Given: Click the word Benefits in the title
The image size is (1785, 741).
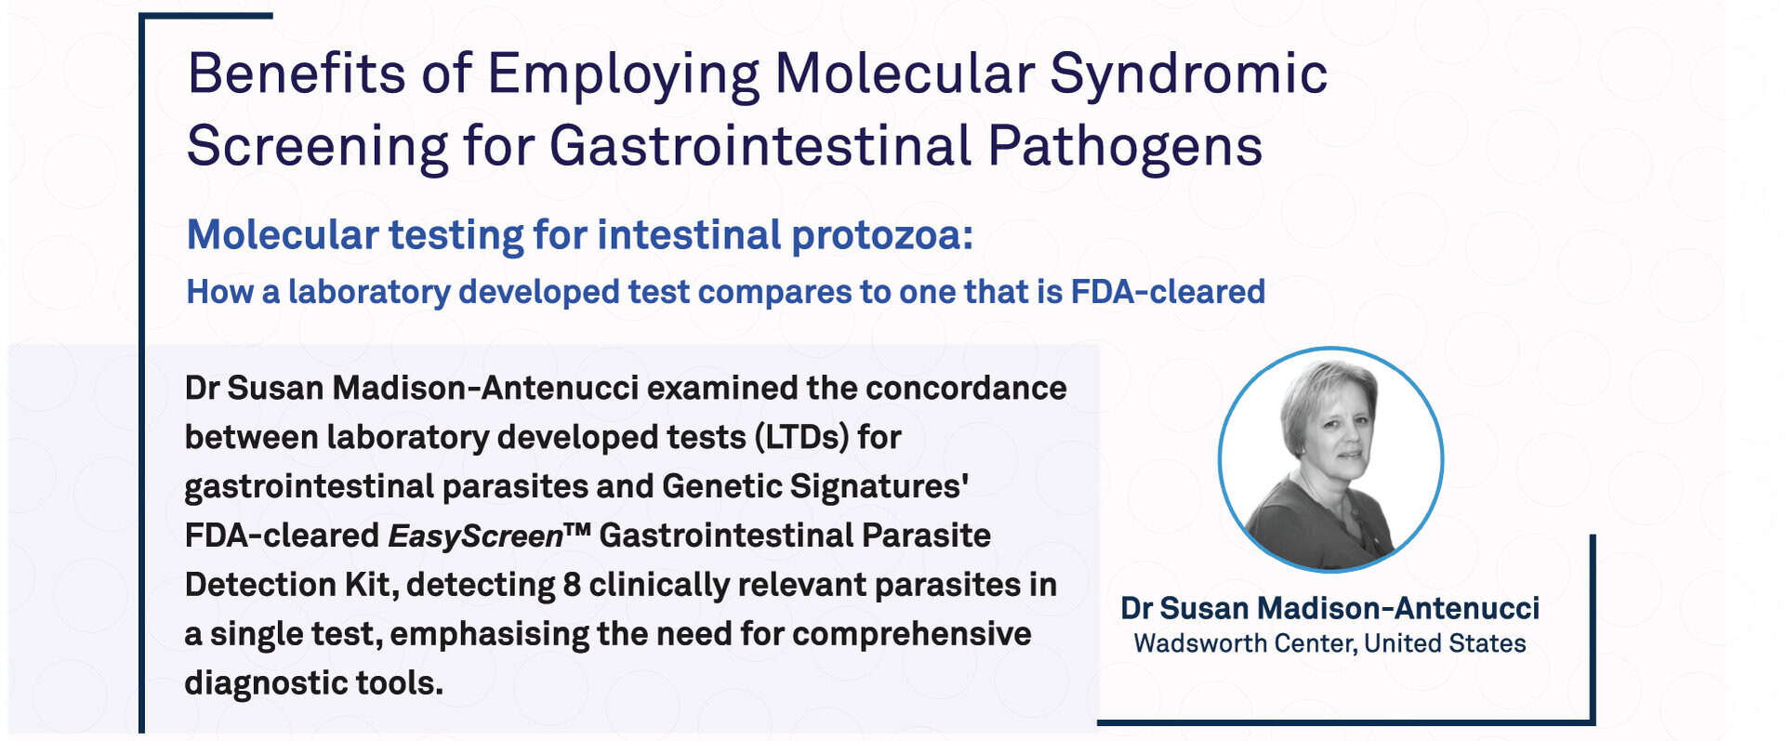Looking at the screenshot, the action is [297, 73].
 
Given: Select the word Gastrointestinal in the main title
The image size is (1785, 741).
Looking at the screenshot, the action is [760, 146].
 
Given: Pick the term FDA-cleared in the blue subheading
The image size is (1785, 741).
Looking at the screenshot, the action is [1168, 292].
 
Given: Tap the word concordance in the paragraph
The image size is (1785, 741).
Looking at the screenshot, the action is [966, 388].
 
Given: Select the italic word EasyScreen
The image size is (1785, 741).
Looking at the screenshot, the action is [475, 536].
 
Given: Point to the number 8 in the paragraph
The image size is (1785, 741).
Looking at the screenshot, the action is [572, 585].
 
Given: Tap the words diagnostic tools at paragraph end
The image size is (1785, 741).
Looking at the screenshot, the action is [313, 683].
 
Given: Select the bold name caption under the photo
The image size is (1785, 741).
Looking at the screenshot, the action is [1329, 608].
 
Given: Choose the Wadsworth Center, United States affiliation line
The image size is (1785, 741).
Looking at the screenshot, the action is [1329, 643].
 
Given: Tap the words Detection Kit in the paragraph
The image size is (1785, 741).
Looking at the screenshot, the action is [290, 585].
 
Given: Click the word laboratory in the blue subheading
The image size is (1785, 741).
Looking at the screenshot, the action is [369, 293].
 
